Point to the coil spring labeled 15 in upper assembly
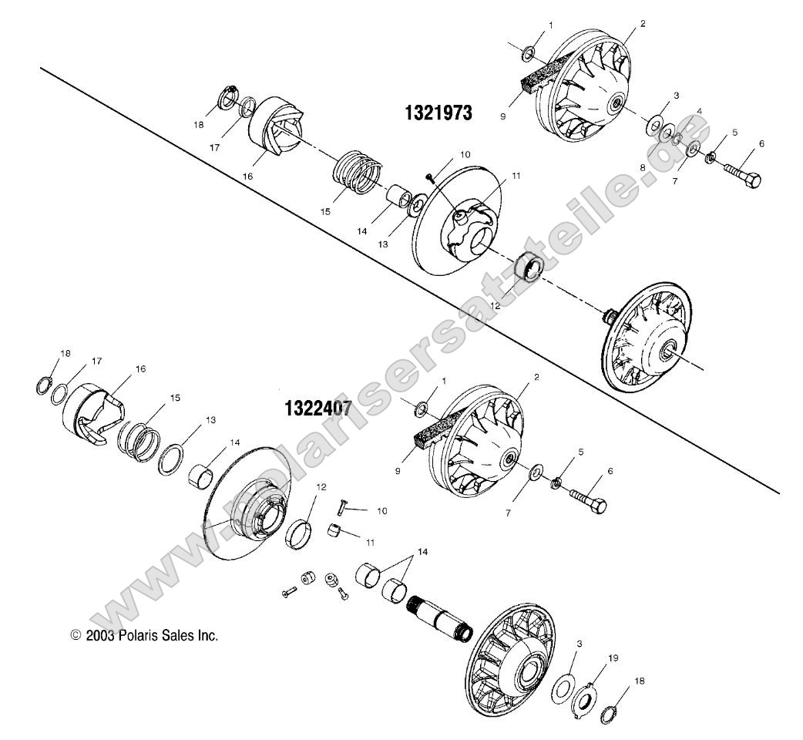pyautogui.click(x=361, y=173)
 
